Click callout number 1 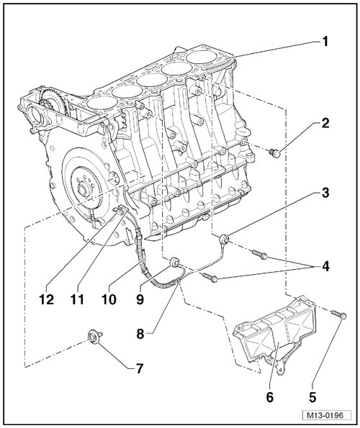tap(325, 42)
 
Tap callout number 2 tap(325, 123)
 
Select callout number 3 tap(325, 193)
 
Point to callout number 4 tap(325, 266)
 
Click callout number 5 tap(312, 397)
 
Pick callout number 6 tap(270, 397)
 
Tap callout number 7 tap(139, 368)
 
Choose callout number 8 tap(140, 334)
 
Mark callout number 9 tap(140, 299)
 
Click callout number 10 tap(109, 299)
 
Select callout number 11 tap(77, 299)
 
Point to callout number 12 tap(46, 299)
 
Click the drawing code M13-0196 tap(326, 416)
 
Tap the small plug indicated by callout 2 tap(274, 152)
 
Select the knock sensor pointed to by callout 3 tap(225, 239)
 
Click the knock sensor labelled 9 tap(174, 262)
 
